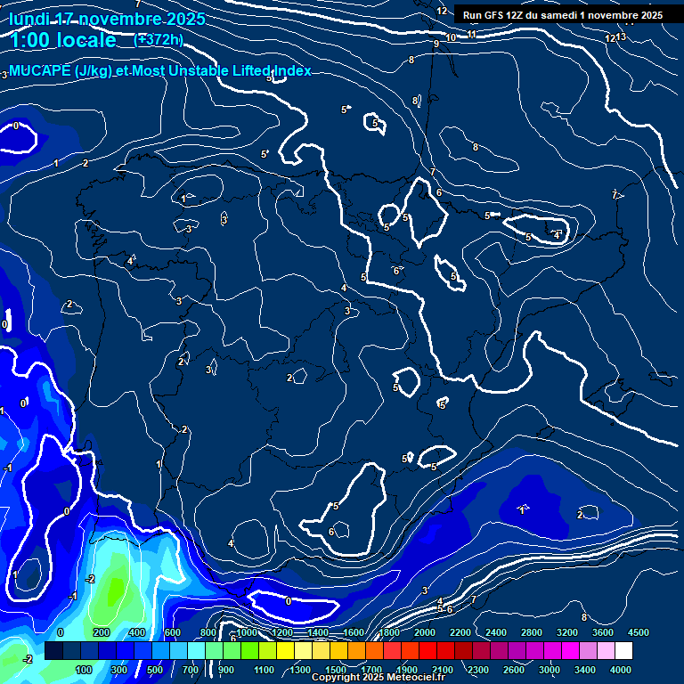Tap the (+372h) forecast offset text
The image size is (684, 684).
click(159, 39)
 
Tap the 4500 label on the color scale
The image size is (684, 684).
click(638, 632)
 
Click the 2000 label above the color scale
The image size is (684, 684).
click(425, 632)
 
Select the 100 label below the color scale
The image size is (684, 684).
click(84, 670)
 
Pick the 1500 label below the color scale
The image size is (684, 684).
click(335, 670)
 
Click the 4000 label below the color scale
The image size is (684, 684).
click(621, 670)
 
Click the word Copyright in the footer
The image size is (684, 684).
click(335, 678)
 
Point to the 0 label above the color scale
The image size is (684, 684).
click(61, 632)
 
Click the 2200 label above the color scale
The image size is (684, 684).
click(460, 632)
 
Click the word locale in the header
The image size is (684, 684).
click(85, 40)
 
